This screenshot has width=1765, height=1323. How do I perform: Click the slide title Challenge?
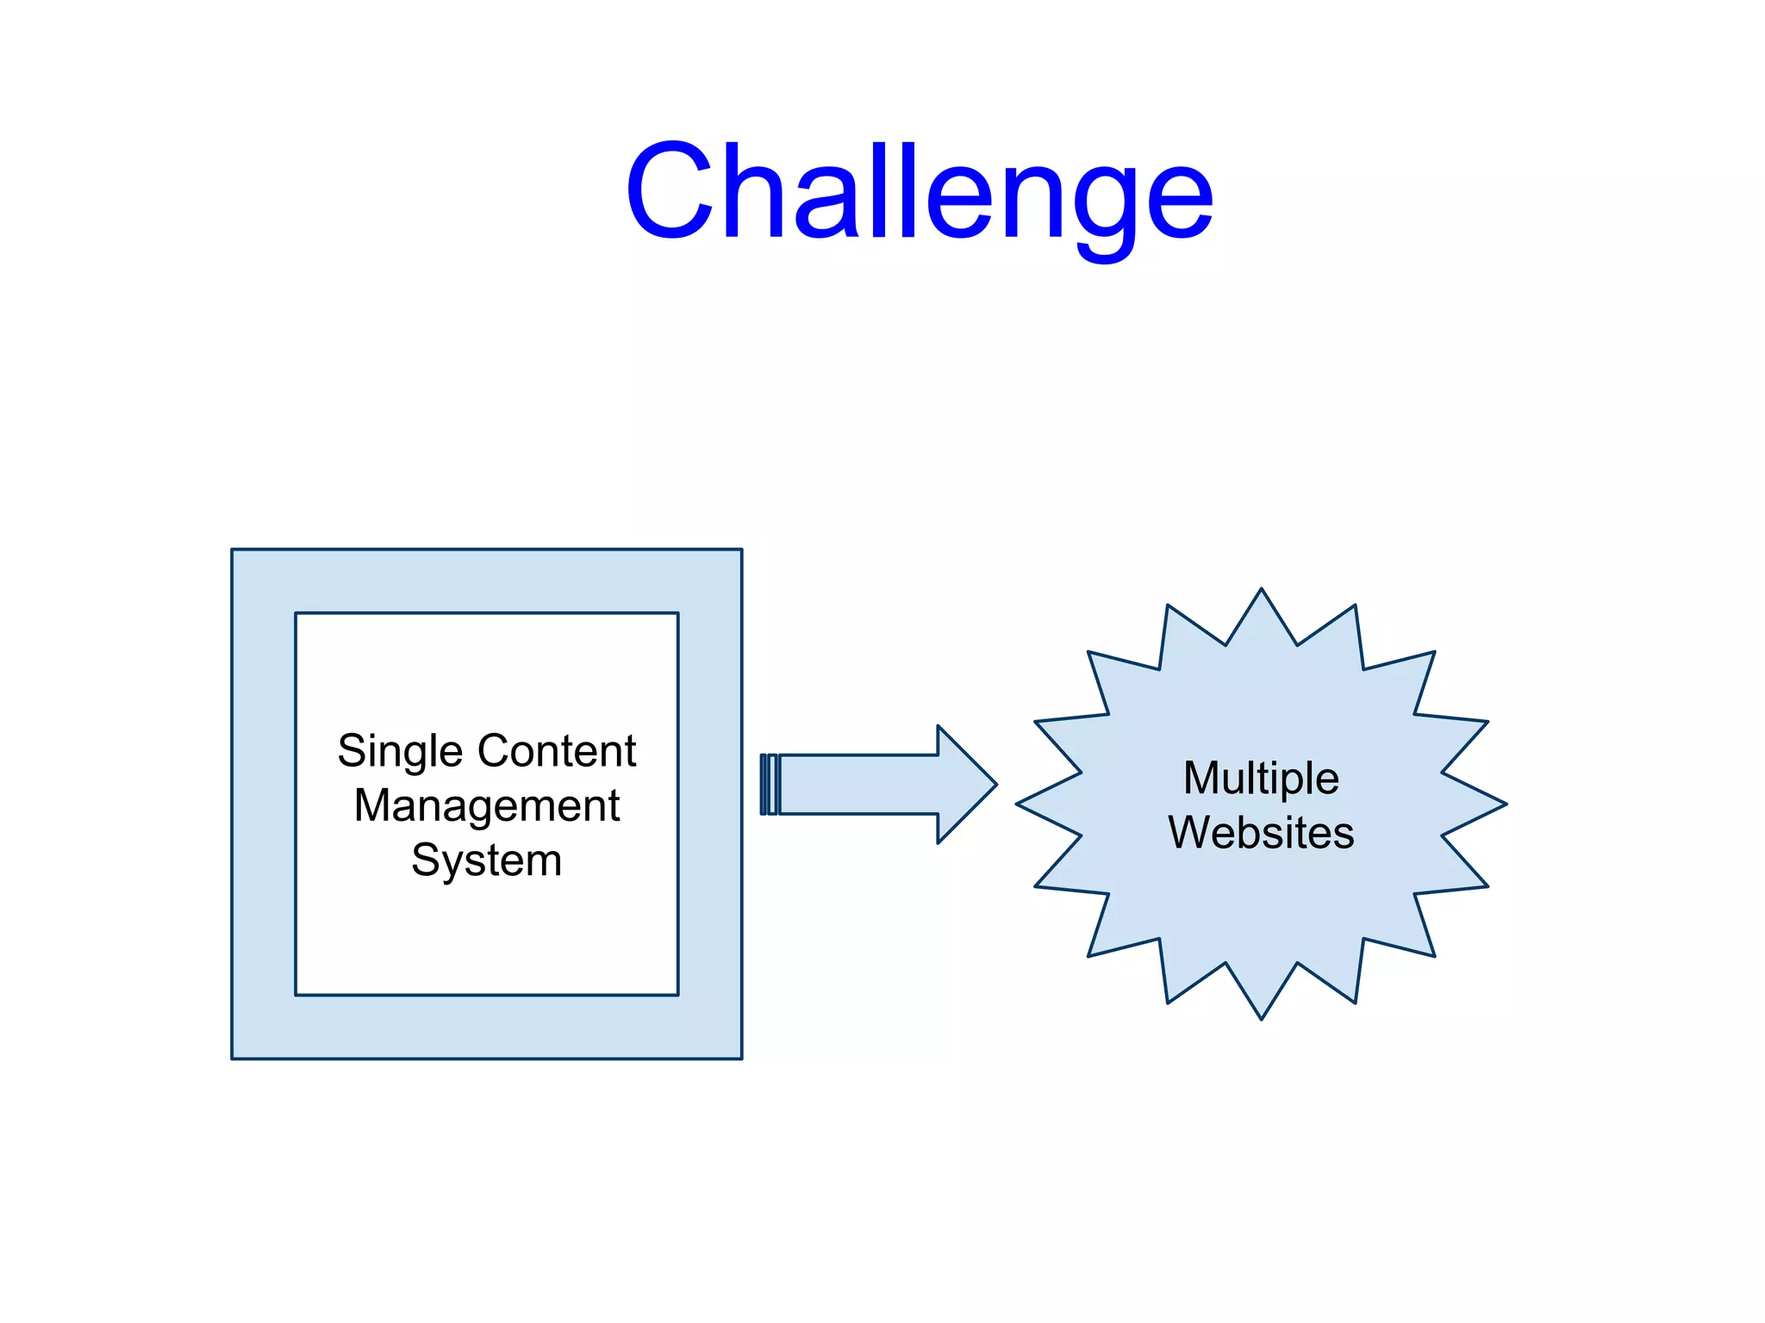point(919,191)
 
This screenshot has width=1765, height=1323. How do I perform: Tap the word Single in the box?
point(400,752)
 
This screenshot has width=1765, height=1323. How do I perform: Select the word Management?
point(487,806)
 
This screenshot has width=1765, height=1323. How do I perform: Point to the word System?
point(487,860)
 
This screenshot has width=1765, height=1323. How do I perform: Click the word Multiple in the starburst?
point(1261,778)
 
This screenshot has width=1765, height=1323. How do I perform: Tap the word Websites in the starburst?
point(1261,833)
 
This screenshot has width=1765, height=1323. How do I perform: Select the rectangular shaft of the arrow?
point(858,784)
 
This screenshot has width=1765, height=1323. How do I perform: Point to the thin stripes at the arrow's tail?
point(769,784)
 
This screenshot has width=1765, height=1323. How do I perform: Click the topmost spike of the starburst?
point(1261,599)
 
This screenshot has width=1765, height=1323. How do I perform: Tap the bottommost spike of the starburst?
point(1261,1009)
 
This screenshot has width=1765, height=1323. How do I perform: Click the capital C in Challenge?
point(670,191)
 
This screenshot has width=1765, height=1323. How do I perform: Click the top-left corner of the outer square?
point(233,550)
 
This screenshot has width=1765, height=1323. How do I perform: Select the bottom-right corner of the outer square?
point(741,1058)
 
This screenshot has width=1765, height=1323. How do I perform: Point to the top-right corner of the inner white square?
point(677,613)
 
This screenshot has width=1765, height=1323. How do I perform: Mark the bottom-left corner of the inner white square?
point(296,994)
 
